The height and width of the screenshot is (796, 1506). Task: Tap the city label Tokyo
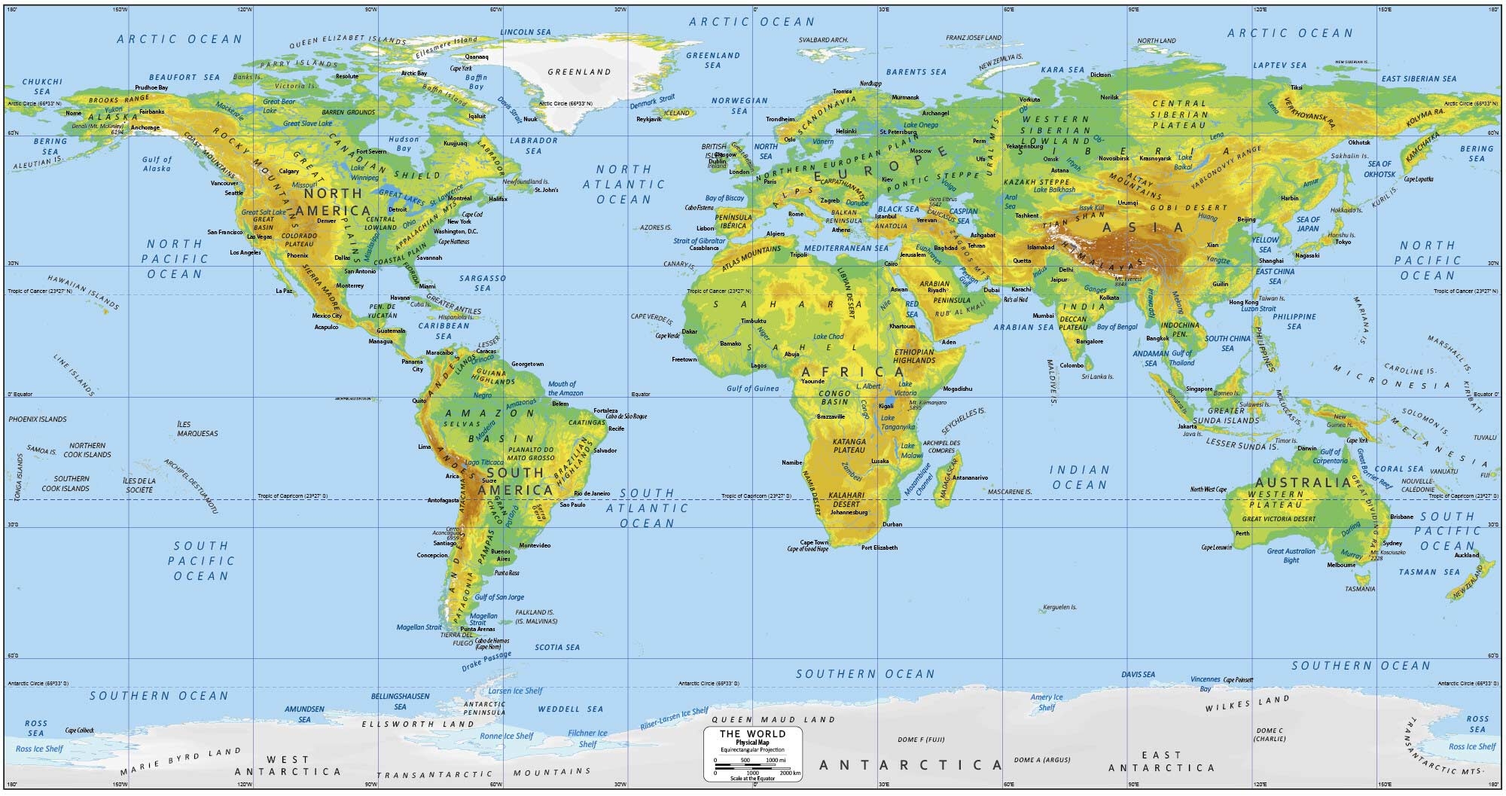(x=1343, y=242)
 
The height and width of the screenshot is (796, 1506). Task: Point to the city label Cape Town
(x=813, y=542)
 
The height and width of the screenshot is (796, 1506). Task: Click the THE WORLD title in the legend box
(x=752, y=733)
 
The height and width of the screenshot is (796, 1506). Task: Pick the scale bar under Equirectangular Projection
(x=752, y=767)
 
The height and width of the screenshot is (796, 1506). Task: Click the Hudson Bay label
(x=404, y=144)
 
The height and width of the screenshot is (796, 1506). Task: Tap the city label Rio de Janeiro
(x=592, y=493)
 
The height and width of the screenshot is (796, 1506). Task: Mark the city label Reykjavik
(x=648, y=119)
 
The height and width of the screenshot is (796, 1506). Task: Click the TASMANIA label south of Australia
(x=1360, y=588)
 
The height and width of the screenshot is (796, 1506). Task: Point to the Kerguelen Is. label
(x=1059, y=607)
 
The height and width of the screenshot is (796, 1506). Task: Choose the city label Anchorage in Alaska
(x=145, y=128)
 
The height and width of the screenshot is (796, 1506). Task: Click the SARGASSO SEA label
(x=483, y=282)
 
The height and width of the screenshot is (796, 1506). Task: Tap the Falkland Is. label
(x=535, y=612)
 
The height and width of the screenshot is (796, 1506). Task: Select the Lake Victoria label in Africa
(x=905, y=389)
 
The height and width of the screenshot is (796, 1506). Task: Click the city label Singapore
(x=1199, y=389)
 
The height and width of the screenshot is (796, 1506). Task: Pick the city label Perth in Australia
(x=1242, y=533)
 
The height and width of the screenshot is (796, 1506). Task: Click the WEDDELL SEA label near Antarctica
(x=571, y=709)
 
